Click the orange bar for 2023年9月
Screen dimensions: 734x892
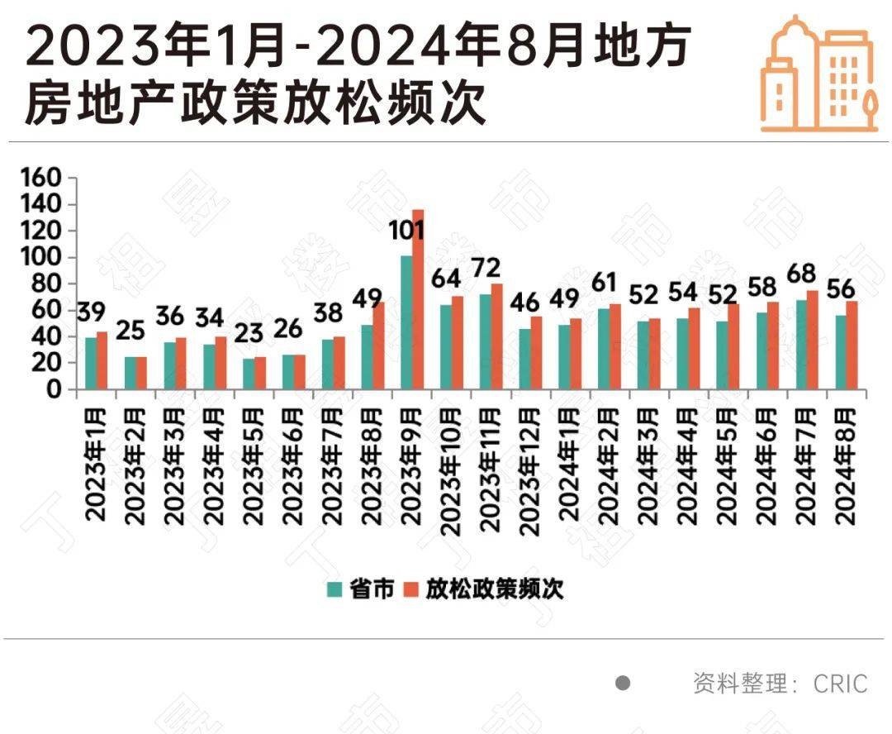click(418, 299)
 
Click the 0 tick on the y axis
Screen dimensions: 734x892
click(53, 389)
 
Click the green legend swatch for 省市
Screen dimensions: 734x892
click(334, 589)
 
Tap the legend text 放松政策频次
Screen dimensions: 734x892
click(494, 589)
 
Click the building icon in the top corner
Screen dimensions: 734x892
click(818, 74)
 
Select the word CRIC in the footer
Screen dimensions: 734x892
click(840, 684)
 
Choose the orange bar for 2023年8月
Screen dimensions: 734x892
click(378, 346)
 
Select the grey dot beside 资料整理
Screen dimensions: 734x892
click(624, 683)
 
